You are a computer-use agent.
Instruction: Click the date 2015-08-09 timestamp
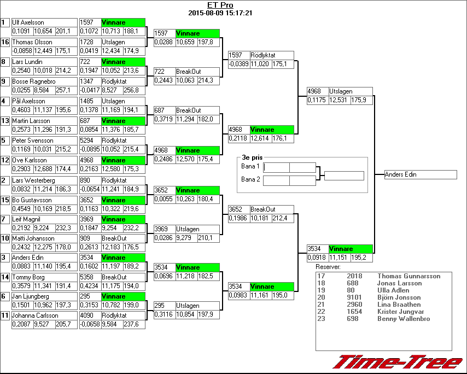coord(220,13)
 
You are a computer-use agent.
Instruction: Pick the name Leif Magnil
coord(27,219)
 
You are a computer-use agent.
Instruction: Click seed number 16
coord(5,42)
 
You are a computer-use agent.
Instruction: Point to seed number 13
coord(5,121)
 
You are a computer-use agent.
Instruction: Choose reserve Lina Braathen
coord(399,305)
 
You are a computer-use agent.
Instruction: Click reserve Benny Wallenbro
coord(403,319)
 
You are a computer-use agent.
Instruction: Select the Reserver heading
coord(328,267)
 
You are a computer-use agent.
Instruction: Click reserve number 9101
coord(353,297)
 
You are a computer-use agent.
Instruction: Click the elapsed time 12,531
coord(338,100)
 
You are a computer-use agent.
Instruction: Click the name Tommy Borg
coord(28,277)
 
